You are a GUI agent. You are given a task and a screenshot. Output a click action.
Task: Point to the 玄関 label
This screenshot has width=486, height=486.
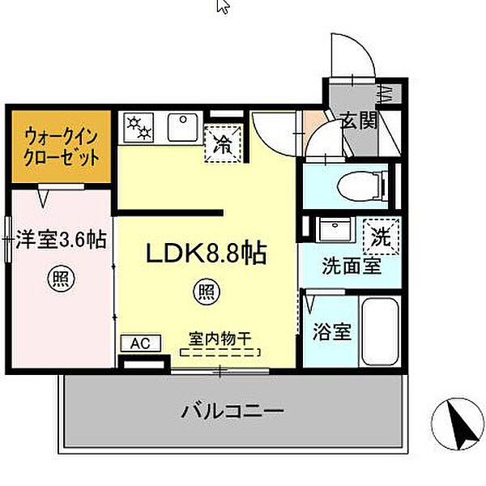[357, 122]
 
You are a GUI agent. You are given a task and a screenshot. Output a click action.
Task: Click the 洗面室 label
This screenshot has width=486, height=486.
[351, 265]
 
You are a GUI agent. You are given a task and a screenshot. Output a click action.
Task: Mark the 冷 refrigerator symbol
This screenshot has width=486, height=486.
[223, 144]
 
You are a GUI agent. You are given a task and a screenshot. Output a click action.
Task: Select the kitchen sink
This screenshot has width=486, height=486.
[180, 128]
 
